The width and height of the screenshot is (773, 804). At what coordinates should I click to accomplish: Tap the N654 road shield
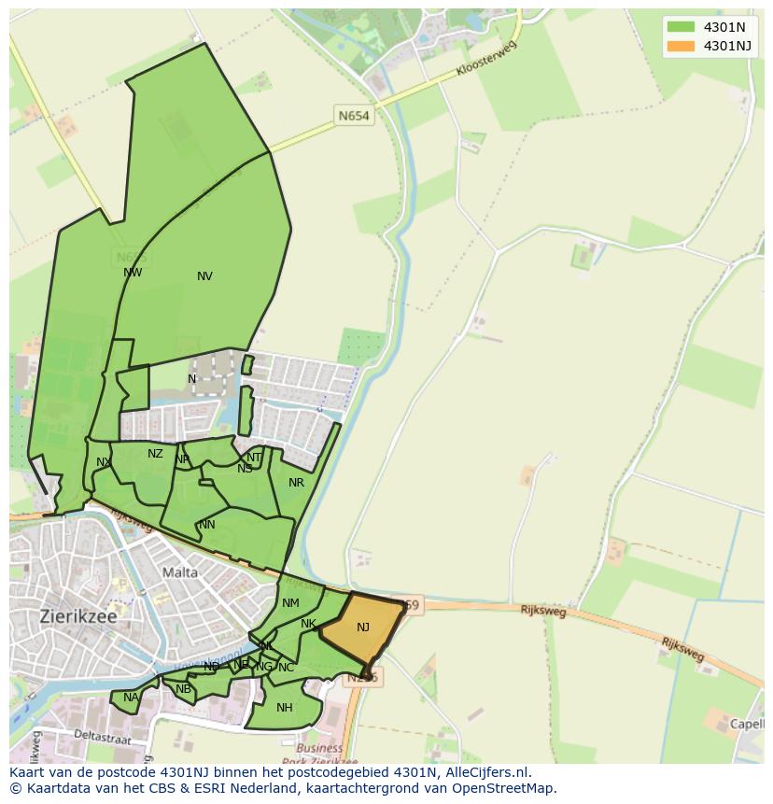[x=354, y=116]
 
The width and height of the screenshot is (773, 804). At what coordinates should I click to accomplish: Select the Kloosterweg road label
[x=485, y=58]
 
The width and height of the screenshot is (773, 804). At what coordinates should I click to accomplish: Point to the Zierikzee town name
[x=78, y=616]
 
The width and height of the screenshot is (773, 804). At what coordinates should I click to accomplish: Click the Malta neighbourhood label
[x=180, y=572]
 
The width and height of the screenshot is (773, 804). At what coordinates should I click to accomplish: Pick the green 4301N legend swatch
[x=682, y=27]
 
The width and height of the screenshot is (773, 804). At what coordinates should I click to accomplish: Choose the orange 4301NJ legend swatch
[x=682, y=46]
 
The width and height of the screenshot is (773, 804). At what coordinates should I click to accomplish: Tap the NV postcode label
[x=204, y=276]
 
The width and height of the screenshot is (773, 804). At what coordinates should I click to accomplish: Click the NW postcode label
[x=133, y=274]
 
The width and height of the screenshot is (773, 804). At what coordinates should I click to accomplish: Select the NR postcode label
[x=296, y=483]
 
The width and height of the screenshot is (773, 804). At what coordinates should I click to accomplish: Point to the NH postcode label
[x=285, y=708]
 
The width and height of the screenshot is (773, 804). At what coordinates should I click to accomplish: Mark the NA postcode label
[x=131, y=698]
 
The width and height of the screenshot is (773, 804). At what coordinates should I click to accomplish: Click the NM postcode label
[x=290, y=604]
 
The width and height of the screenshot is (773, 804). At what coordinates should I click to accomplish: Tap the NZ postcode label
[x=155, y=455]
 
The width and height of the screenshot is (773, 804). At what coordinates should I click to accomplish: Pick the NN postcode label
[x=207, y=525]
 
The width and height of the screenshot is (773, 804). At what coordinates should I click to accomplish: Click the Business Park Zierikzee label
[x=319, y=755]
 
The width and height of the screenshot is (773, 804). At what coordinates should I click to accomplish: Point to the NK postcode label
[x=308, y=624]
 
